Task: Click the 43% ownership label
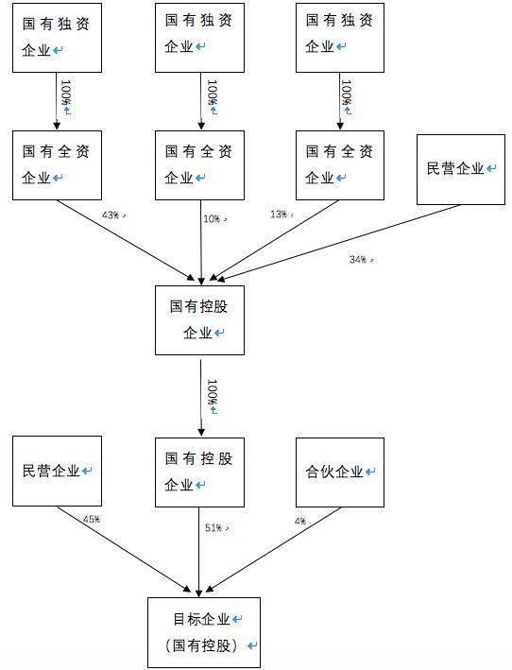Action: tap(111, 215)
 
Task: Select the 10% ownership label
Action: tap(211, 218)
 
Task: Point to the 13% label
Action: tap(279, 215)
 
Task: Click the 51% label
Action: tap(214, 527)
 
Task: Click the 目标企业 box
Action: tap(202, 632)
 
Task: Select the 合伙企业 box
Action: tap(340, 471)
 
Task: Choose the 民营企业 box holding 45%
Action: tap(57, 471)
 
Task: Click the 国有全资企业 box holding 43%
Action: tap(57, 164)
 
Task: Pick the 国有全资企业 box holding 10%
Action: tap(200, 164)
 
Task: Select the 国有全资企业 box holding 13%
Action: tap(340, 164)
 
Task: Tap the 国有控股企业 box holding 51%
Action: tap(200, 471)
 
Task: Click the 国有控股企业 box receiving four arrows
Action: tap(200, 320)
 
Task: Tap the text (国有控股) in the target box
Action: tap(202, 646)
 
